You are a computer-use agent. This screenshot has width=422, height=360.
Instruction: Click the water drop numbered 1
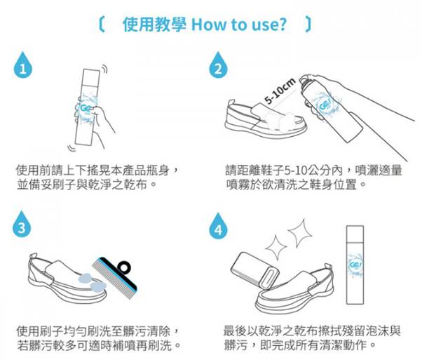[x=23, y=66]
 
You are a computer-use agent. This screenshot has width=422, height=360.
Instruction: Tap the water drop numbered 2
[x=218, y=66]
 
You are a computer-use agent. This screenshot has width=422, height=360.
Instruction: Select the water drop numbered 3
[x=22, y=225]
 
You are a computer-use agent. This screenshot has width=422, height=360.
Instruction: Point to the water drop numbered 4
[x=218, y=227]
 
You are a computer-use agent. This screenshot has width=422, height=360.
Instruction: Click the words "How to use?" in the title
[x=238, y=25]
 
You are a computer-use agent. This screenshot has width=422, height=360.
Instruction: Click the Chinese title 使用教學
[x=154, y=25]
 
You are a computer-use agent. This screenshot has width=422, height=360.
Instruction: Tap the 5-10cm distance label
[x=280, y=91]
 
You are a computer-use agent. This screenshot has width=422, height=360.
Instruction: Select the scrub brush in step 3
[x=115, y=278]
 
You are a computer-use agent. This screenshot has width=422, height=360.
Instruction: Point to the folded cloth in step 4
[x=254, y=270]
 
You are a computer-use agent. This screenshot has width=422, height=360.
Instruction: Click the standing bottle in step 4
[x=355, y=265]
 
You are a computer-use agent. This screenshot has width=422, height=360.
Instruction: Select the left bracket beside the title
[x=102, y=25]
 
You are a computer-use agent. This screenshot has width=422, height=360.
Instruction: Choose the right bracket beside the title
[x=308, y=25]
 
